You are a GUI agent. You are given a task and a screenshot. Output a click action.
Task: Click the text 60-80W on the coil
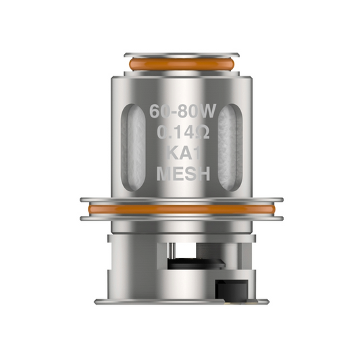tap(180, 111)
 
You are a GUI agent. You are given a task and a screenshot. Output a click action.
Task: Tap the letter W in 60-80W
tap(205, 111)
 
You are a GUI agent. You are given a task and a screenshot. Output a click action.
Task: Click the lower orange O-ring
tap(180, 214)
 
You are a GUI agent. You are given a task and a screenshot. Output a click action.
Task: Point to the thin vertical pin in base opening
tap(169, 257)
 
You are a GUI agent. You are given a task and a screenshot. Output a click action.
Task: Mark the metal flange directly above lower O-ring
tap(180, 201)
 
